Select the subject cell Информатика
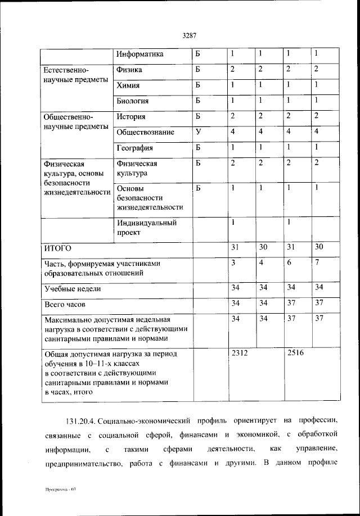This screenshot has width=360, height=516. (140, 55)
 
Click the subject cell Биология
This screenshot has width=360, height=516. (133, 101)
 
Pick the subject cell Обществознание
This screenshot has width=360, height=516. (146, 133)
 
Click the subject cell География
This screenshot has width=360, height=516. (134, 148)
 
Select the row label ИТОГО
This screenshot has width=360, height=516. (58, 248)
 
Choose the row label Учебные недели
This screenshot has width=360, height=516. (73, 289)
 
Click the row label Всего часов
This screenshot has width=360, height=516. (65, 305)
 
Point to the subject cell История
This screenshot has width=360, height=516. (132, 117)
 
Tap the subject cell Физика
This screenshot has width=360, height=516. (129, 70)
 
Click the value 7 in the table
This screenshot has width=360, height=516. (317, 262)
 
